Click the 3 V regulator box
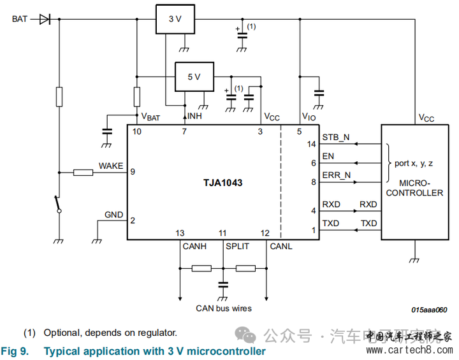tap(175, 19)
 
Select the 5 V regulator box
tap(194, 76)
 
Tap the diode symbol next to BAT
tap(45, 19)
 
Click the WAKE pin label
tap(111, 166)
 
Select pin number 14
tap(311, 144)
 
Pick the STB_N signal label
tap(336, 138)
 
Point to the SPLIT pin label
tap(237, 246)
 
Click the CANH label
tap(194, 246)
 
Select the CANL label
tap(280, 246)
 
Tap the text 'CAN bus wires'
tap(223, 308)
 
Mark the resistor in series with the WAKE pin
tap(84, 172)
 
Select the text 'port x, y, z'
tap(414, 163)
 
